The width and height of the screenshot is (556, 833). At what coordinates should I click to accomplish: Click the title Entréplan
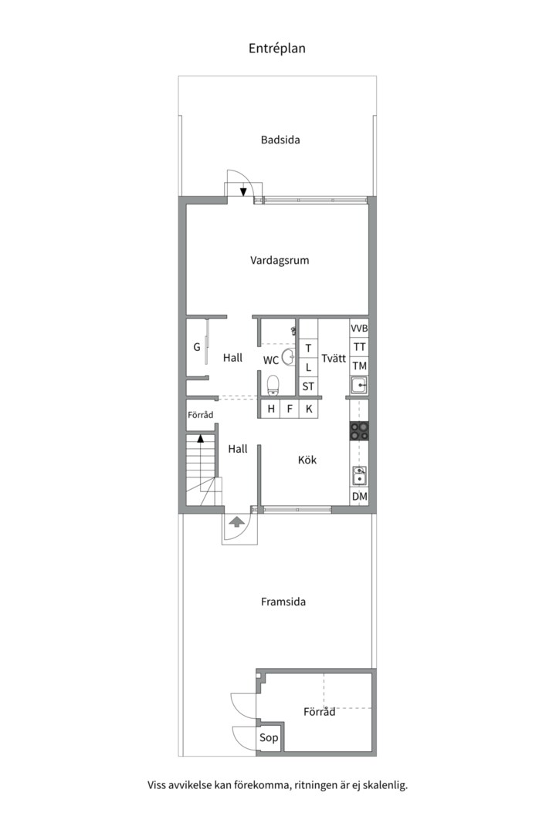pos(277,48)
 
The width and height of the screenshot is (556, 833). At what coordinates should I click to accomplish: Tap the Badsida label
pos(280,140)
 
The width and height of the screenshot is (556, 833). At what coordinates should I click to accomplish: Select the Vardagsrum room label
pos(280,261)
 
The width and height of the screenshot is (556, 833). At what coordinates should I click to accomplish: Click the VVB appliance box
pos(359,329)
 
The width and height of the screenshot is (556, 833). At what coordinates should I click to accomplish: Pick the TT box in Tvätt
pos(359,347)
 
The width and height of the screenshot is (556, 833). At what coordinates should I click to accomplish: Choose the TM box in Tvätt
pos(359,366)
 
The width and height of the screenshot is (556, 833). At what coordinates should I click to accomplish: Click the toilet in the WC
pos(273,383)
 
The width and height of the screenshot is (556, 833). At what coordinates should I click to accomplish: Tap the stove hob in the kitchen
pos(359,431)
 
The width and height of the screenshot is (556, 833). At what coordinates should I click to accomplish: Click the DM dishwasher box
pos(359,497)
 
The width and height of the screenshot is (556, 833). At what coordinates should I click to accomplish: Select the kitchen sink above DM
pos(359,475)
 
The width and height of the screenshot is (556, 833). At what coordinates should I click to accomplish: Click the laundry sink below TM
pos(359,385)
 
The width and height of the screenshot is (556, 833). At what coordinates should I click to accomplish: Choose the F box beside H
pos(290,409)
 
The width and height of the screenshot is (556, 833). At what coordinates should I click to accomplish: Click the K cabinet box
pos(309,409)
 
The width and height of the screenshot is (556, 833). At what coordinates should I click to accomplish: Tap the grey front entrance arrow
pos(236,522)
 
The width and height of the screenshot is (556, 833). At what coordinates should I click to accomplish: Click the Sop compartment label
pos(269,738)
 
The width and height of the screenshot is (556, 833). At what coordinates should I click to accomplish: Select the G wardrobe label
pos(197,348)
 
